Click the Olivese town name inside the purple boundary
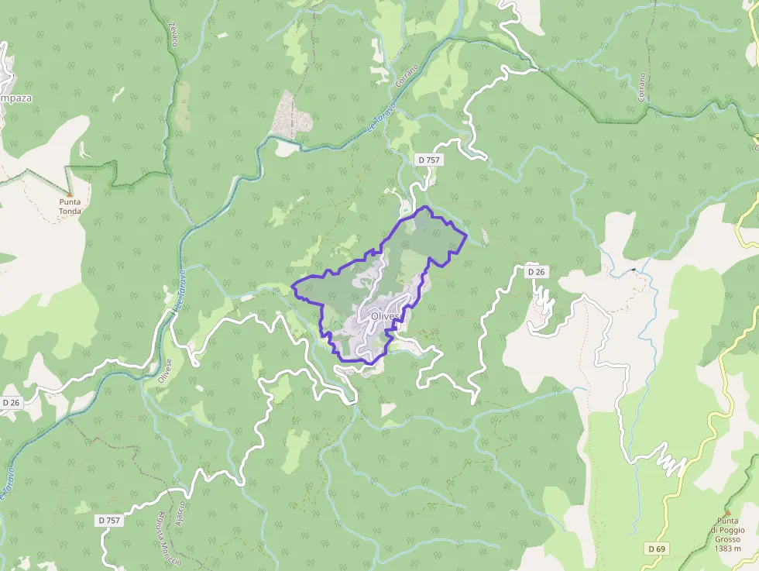tap(386, 316)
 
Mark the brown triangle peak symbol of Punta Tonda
tap(69, 194)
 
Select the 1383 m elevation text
tap(728, 549)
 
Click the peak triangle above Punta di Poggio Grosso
tap(727, 512)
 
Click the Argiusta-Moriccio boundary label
tap(167, 538)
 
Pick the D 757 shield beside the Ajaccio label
tap(110, 521)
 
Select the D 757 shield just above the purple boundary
tap(428, 160)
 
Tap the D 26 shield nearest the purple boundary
tap(537, 272)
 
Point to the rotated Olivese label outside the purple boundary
tap(165, 372)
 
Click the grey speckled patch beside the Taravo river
tap(294, 115)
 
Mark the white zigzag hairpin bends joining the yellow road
tap(668, 460)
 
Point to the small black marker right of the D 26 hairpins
tap(634, 270)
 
